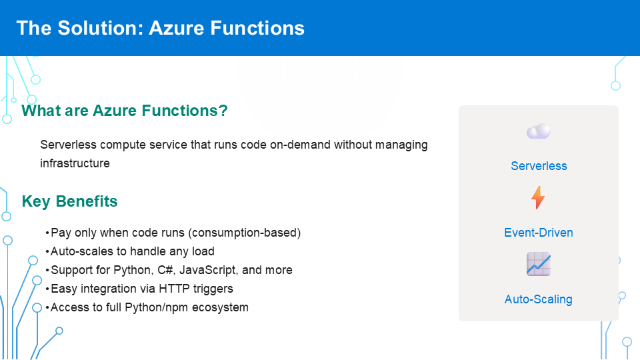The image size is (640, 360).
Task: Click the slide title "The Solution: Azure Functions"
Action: point(161,28)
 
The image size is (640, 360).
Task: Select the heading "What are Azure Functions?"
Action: point(125,111)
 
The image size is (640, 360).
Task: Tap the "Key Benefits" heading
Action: point(70,201)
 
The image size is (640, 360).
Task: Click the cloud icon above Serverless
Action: point(539,131)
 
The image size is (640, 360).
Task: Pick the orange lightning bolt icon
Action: point(538,197)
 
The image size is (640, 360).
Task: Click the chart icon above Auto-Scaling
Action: point(539,264)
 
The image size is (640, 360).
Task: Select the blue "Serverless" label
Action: point(539,166)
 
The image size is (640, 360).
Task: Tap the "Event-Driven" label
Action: point(539,233)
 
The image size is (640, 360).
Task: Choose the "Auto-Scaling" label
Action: point(539,299)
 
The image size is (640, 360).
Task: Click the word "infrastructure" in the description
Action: point(75,163)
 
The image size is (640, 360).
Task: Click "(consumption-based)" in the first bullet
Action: point(245,233)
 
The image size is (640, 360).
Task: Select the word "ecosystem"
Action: point(220,308)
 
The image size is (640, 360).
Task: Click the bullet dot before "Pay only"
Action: point(47,233)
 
